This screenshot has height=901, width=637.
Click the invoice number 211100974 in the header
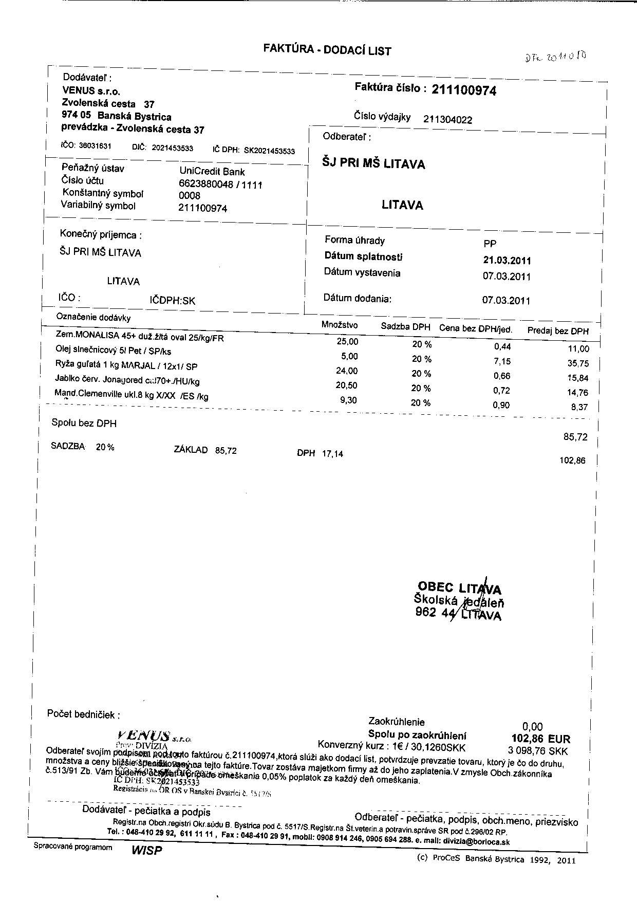(x=464, y=91)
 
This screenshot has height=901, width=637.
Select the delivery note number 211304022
(x=447, y=120)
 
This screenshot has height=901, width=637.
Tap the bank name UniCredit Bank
(x=212, y=172)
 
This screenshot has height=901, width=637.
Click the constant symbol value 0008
(x=189, y=196)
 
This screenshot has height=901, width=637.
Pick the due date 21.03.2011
(x=503, y=261)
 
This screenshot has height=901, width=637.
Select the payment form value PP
(x=490, y=244)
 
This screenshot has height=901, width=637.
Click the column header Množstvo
(x=340, y=325)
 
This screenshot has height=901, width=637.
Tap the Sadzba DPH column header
(x=405, y=326)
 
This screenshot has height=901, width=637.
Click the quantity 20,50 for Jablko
(x=346, y=385)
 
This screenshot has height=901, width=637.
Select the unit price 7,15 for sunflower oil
(x=501, y=361)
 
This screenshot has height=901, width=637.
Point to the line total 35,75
(x=579, y=363)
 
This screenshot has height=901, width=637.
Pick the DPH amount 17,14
(x=332, y=454)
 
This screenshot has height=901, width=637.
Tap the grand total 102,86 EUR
(x=537, y=739)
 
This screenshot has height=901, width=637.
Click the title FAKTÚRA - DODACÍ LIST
(x=327, y=50)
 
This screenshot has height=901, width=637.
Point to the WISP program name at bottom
(x=146, y=850)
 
